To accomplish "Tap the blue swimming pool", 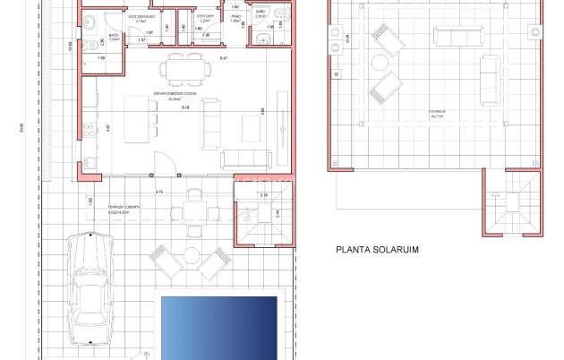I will point(218,326).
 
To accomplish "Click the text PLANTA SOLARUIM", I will point(377,252).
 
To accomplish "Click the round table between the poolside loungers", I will point(191,255).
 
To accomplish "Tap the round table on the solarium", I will point(380,63).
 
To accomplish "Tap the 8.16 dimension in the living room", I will point(185,108).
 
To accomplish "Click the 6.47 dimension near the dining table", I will point(223,58).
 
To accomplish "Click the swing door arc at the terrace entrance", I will point(166,163).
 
